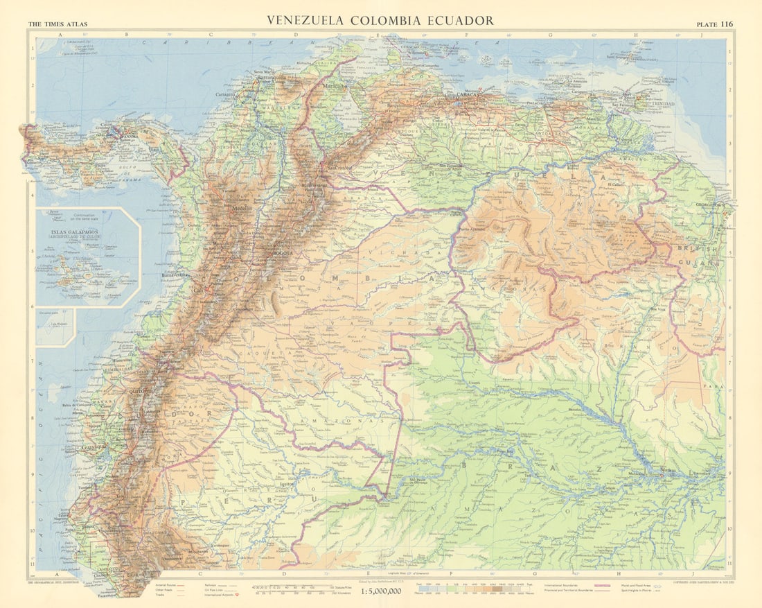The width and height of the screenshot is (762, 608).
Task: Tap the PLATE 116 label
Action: [714, 24]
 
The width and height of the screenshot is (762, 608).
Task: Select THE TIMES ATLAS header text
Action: [57, 24]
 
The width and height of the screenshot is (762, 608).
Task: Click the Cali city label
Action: [199, 289]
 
